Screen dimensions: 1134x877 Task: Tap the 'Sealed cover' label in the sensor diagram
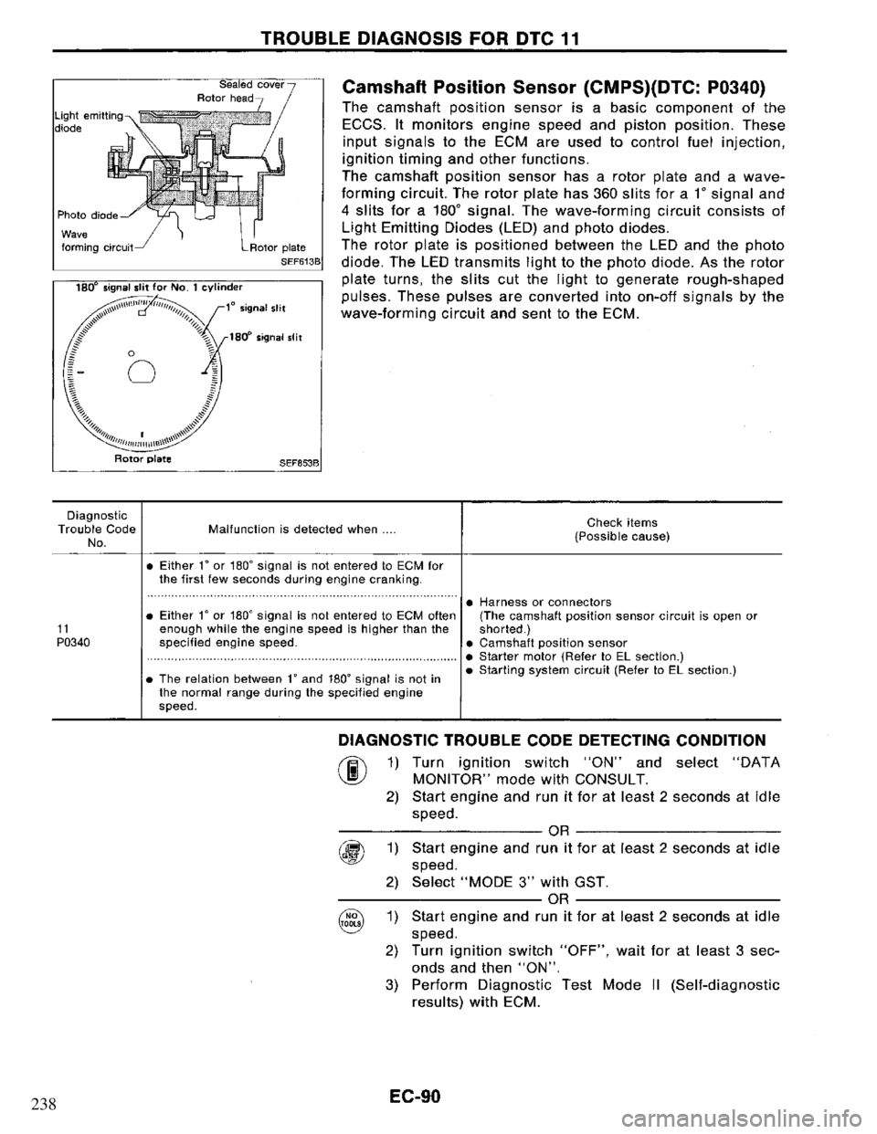point(262,74)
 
